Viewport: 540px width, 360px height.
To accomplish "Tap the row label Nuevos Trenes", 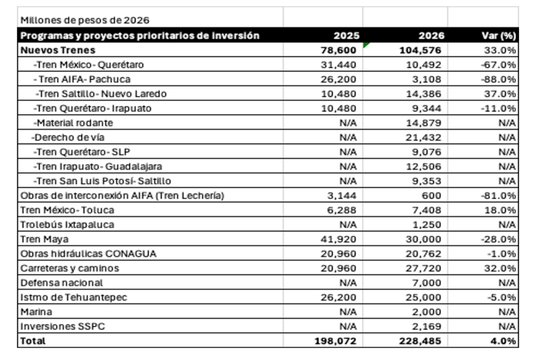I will (x=58, y=51).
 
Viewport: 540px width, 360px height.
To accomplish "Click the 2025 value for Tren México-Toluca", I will (x=342, y=210).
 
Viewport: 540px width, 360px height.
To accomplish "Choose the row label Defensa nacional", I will (x=62, y=283).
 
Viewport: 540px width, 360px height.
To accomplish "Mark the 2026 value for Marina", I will (x=428, y=311).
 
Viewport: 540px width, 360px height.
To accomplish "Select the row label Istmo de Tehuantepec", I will (x=69, y=297).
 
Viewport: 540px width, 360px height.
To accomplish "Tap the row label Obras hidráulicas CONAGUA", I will (x=88, y=254).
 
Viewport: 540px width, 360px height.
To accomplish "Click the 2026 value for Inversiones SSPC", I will (x=428, y=326).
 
